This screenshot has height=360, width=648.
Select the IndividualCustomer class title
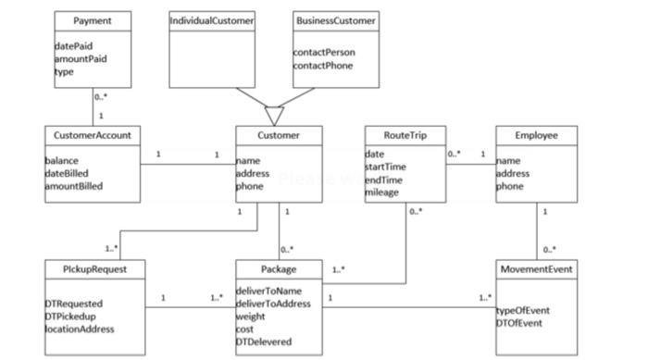212,20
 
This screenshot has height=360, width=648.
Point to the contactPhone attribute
323,66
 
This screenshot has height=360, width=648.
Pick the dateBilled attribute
70,173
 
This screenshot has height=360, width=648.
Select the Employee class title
537,135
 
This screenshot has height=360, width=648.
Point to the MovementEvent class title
537,269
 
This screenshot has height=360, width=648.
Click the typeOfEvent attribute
523,310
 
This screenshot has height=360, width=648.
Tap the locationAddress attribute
80,329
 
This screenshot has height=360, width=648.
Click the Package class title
279,269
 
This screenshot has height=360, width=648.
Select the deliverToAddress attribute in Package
273,304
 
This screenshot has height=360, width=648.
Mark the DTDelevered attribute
264,341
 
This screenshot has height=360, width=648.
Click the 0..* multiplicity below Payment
101,96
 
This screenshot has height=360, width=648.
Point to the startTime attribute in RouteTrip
386,167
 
